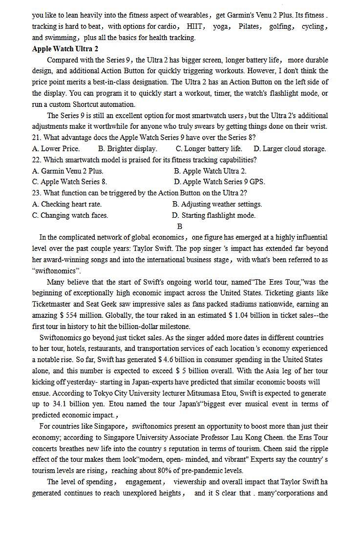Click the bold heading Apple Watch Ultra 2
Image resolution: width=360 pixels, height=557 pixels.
65,49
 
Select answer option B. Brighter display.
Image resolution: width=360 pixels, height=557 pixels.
127,149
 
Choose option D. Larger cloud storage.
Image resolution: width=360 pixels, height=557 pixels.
290,149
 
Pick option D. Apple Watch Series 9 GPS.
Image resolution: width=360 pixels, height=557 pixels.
219,182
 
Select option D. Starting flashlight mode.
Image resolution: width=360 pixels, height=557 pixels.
213,215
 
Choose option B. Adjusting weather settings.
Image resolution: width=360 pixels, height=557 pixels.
217,204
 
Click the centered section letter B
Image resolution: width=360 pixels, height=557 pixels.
180,227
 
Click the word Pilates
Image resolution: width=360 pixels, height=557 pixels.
249,27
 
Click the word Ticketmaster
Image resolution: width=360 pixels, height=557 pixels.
51,305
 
